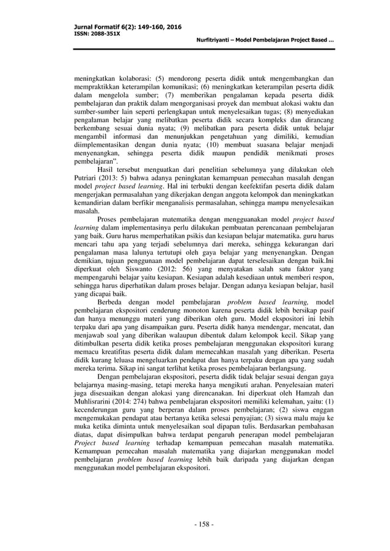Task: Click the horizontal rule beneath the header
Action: pyautogui.click(x=195, y=50)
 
